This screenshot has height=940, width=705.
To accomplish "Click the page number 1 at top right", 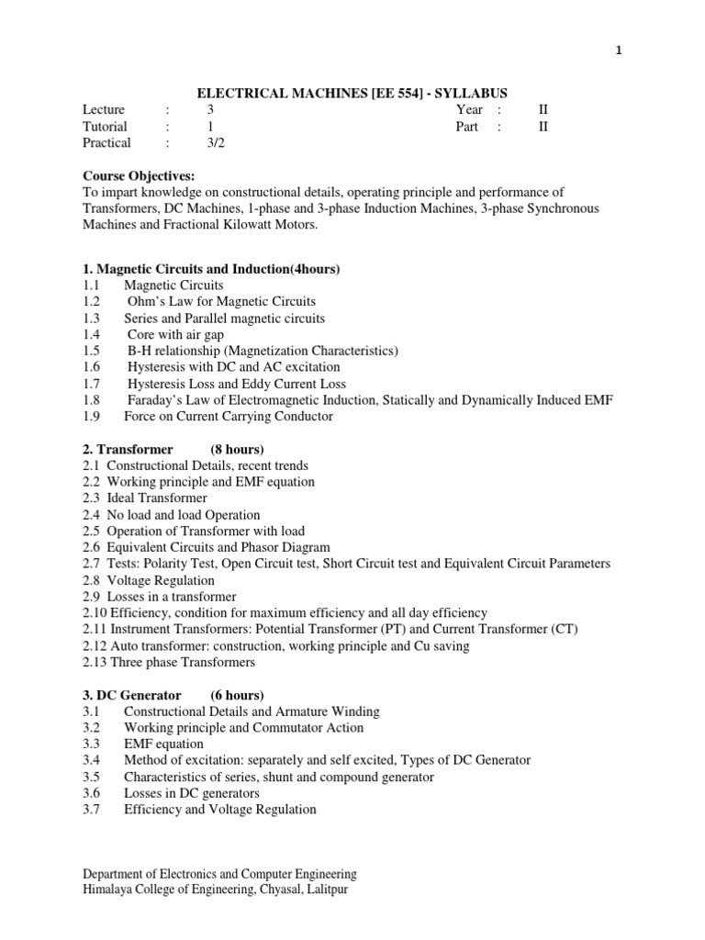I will coord(619,51).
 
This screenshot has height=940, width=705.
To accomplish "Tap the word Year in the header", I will coord(469,109).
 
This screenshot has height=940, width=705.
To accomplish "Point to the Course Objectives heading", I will coord(140,175).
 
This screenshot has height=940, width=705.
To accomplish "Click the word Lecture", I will coord(104,109).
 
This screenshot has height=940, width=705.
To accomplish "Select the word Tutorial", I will coord(105,126).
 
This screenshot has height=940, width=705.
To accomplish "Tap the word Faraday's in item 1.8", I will coord(157,399).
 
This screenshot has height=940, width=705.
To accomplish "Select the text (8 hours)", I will coord(237,449).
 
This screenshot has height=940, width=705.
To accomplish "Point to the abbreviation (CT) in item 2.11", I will coord(564,629).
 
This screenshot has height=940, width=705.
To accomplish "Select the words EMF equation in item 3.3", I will coord(164,744).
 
